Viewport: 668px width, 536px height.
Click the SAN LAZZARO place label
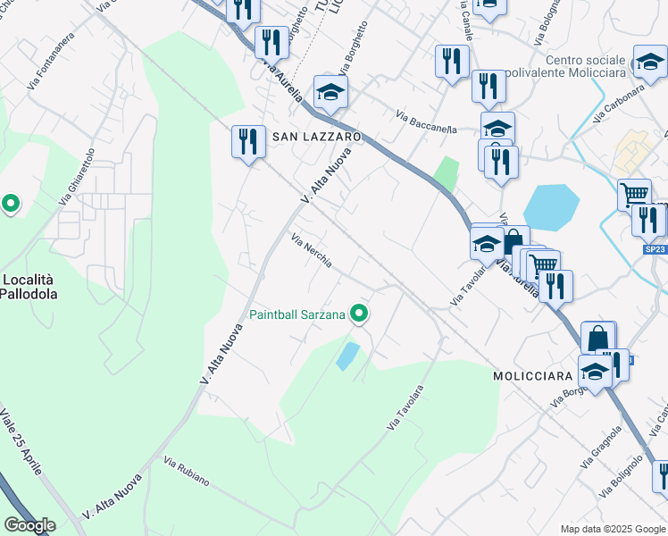[316, 137]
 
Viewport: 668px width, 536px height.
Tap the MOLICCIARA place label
[532, 377]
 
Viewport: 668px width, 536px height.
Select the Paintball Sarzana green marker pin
[359, 313]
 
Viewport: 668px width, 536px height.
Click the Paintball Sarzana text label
[297, 314]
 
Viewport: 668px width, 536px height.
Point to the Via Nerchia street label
[312, 250]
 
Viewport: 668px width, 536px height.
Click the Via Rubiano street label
[187, 473]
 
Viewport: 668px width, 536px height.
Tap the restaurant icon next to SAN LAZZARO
[248, 141]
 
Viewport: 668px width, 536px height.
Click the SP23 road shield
[655, 250]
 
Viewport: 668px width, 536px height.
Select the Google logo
[29, 525]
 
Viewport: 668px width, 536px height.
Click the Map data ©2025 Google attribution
[613, 529]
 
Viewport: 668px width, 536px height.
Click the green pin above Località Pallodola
[11, 205]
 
